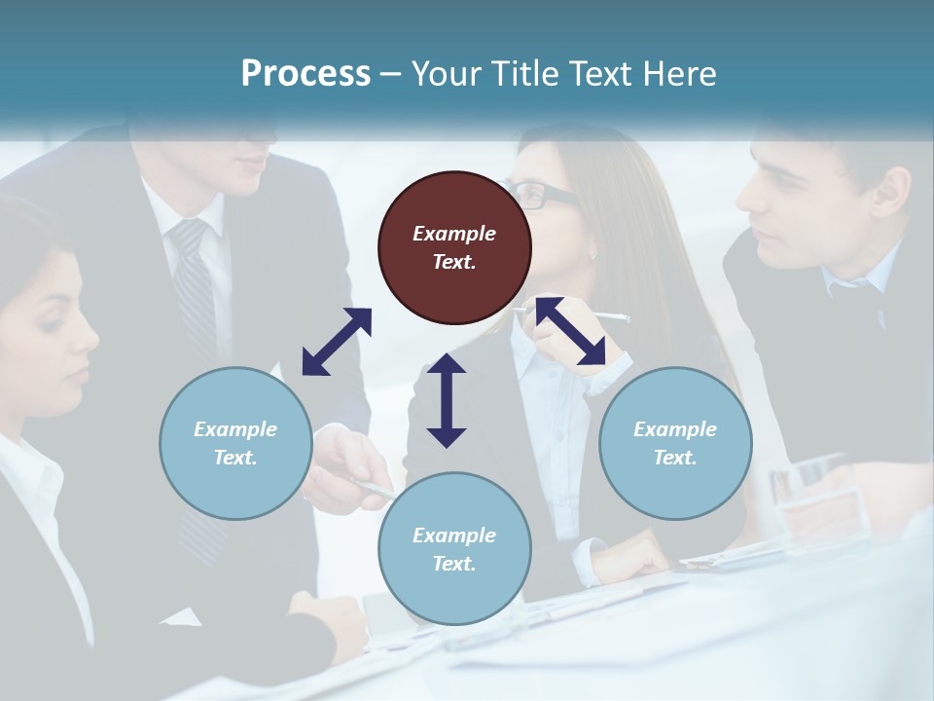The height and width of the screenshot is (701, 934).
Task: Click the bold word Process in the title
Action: pyautogui.click(x=305, y=74)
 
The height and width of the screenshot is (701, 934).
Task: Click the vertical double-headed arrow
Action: pyautogui.click(x=447, y=400)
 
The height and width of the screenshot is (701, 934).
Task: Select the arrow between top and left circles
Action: pyautogui.click(x=337, y=342)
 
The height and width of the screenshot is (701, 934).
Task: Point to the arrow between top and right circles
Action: pyautogui.click(x=571, y=331)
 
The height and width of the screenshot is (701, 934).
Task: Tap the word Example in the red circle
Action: pyautogui.click(x=454, y=234)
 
